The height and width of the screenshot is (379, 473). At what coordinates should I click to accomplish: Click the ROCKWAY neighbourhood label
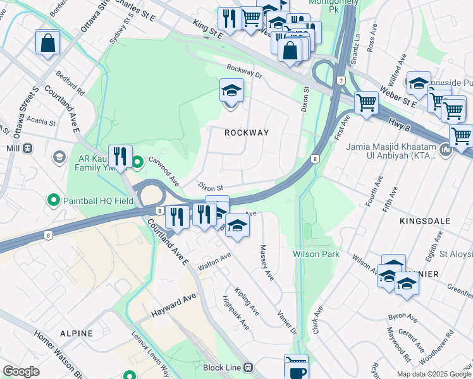247,133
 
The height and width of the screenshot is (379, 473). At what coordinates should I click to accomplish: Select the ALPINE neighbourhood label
77,333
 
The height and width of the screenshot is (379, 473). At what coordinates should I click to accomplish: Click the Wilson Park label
316,254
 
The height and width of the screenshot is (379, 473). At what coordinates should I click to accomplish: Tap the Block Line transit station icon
249,367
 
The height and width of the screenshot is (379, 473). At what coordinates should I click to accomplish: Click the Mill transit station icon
27,148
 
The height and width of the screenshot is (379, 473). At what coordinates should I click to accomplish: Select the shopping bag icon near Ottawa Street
47,44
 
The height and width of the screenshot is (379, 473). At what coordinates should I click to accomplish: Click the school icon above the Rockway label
231,92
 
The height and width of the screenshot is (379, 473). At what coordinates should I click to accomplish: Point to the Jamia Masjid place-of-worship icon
445,150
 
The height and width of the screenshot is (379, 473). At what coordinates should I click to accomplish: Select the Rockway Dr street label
244,73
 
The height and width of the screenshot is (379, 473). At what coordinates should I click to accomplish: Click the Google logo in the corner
21,371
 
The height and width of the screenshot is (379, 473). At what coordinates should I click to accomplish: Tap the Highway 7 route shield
340,81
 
